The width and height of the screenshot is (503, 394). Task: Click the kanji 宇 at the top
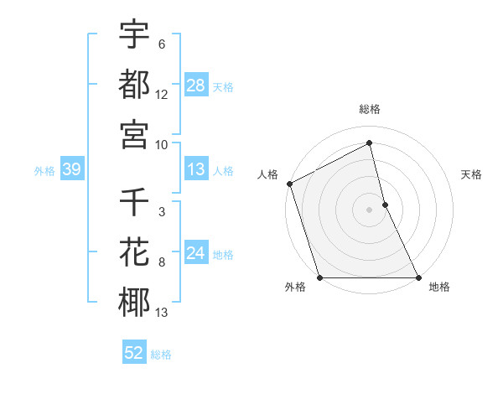click(x=134, y=36)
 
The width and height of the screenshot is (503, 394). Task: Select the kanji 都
click(x=134, y=84)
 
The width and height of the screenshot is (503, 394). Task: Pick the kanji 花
click(x=134, y=251)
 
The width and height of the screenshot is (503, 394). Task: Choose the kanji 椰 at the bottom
click(x=134, y=303)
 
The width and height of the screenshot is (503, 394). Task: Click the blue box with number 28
click(x=196, y=86)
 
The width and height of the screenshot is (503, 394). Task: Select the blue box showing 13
click(x=196, y=169)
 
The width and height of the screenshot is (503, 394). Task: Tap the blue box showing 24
click(x=196, y=253)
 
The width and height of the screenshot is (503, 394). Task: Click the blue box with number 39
click(x=71, y=169)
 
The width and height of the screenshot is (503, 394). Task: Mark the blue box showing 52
click(x=134, y=353)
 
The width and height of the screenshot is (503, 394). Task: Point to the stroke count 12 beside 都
click(x=162, y=96)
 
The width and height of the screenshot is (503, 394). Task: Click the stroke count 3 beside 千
click(x=162, y=211)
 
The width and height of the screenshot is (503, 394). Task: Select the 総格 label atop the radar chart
click(x=370, y=109)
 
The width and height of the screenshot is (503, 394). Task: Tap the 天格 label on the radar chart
click(x=472, y=174)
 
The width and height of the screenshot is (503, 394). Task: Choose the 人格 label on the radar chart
click(x=267, y=174)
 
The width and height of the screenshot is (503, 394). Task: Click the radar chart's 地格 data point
click(x=417, y=277)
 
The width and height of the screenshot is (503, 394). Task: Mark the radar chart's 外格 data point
click(x=320, y=277)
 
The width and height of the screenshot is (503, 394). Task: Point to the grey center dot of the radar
click(x=370, y=210)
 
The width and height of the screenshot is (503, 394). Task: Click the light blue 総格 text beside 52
click(x=161, y=355)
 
